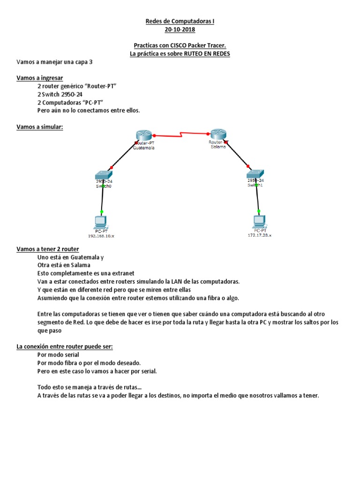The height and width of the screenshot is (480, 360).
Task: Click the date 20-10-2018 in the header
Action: point(180,30)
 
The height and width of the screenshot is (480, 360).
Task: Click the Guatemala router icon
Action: point(142,136)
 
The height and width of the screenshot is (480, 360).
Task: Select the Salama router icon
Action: point(218,134)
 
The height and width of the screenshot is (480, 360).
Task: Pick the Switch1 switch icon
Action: point(255,173)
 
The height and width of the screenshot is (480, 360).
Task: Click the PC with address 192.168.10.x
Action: point(101,221)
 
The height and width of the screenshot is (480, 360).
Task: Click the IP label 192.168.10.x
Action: point(101,236)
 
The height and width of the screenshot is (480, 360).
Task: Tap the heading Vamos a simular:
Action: point(39,127)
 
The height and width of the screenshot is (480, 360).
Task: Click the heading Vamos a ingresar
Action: point(39,78)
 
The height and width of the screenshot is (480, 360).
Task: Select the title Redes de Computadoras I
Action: point(180,22)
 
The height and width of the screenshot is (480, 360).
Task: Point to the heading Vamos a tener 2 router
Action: point(47,249)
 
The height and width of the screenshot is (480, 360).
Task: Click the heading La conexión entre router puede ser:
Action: point(65,346)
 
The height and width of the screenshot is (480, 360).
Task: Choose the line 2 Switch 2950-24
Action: point(63,94)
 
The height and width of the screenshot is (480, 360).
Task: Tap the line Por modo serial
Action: point(58,355)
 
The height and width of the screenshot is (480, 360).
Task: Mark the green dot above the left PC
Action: point(102,212)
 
